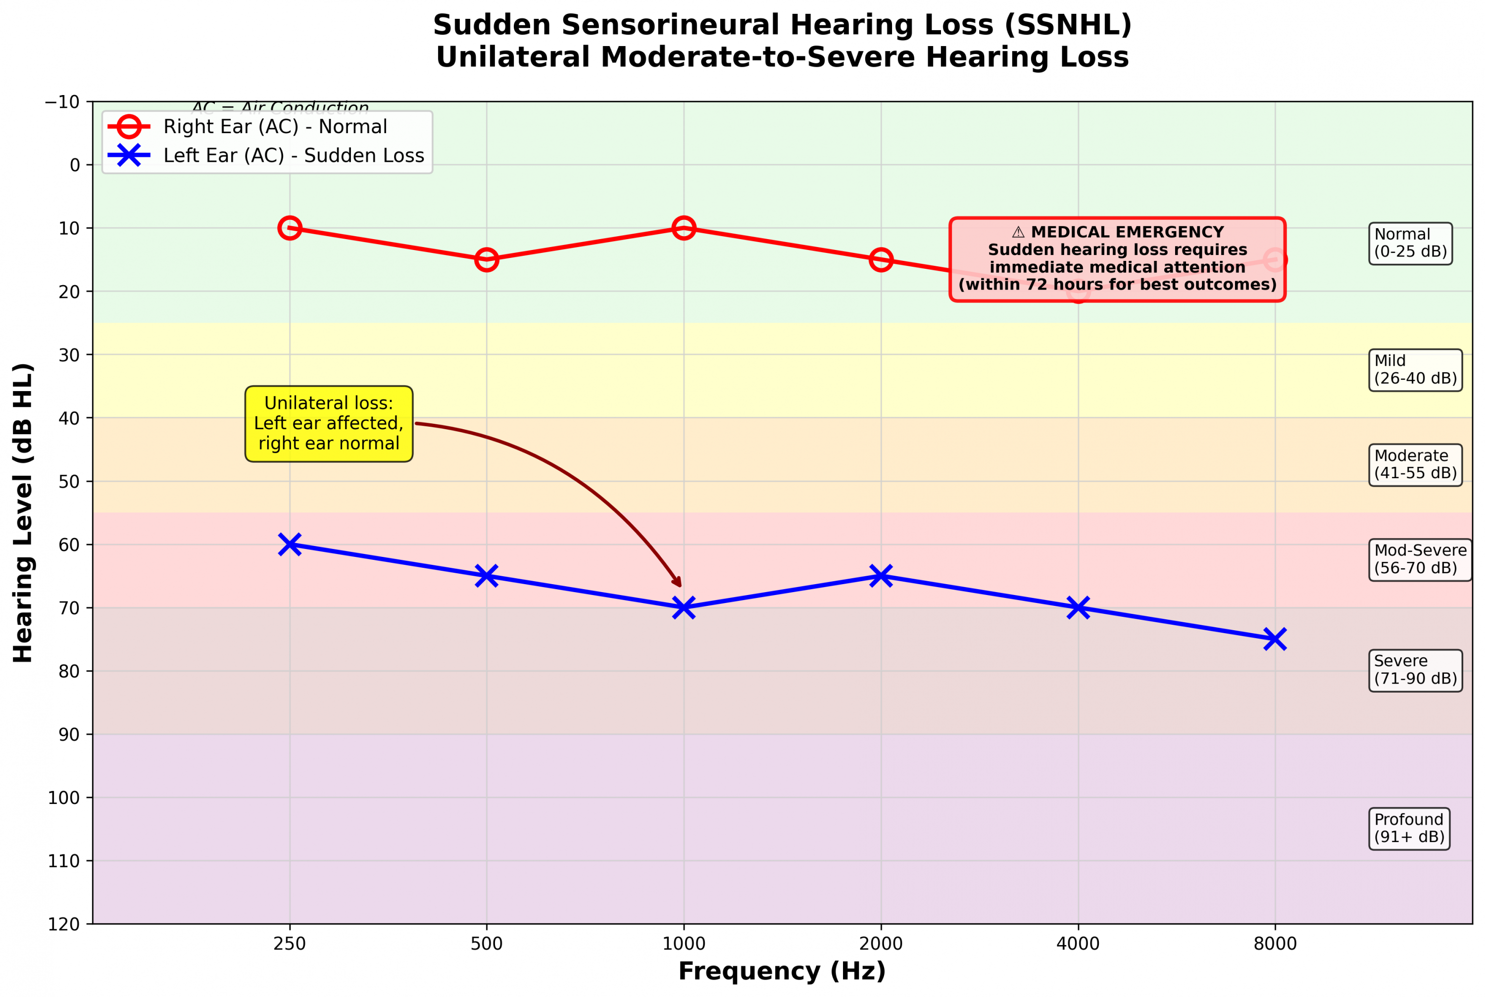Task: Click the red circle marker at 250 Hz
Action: (x=289, y=228)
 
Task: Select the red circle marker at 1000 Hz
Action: (x=684, y=228)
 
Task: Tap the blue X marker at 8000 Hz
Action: (x=1275, y=639)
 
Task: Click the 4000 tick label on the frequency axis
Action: (x=1078, y=944)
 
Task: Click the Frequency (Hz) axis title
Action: (x=782, y=972)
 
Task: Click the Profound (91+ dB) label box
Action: (x=1409, y=828)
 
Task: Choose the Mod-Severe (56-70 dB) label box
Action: (x=1420, y=559)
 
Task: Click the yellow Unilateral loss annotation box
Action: (x=329, y=423)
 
